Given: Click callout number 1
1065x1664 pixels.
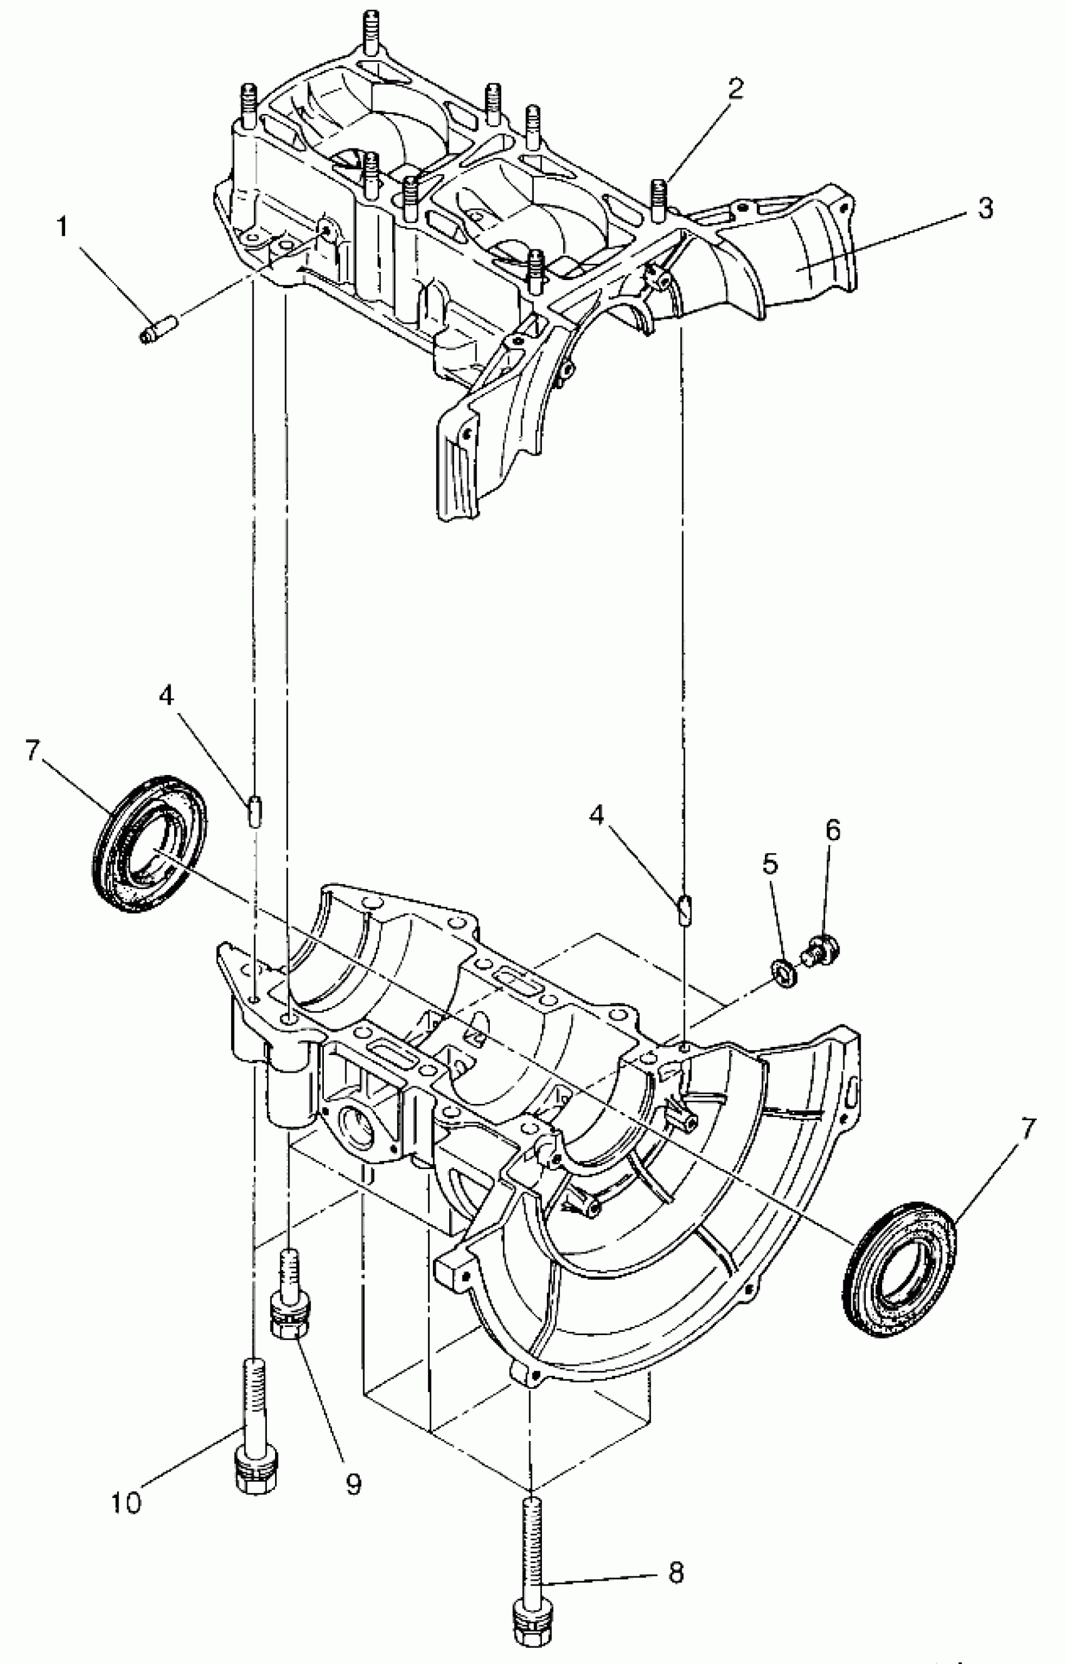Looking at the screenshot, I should [x=63, y=227].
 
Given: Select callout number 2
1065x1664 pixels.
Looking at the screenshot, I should [x=734, y=88].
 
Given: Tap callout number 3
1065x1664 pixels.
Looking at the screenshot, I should [x=985, y=207].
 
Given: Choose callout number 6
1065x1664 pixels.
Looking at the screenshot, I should [x=832, y=830].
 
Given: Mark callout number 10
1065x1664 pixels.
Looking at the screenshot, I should [x=127, y=1502].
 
